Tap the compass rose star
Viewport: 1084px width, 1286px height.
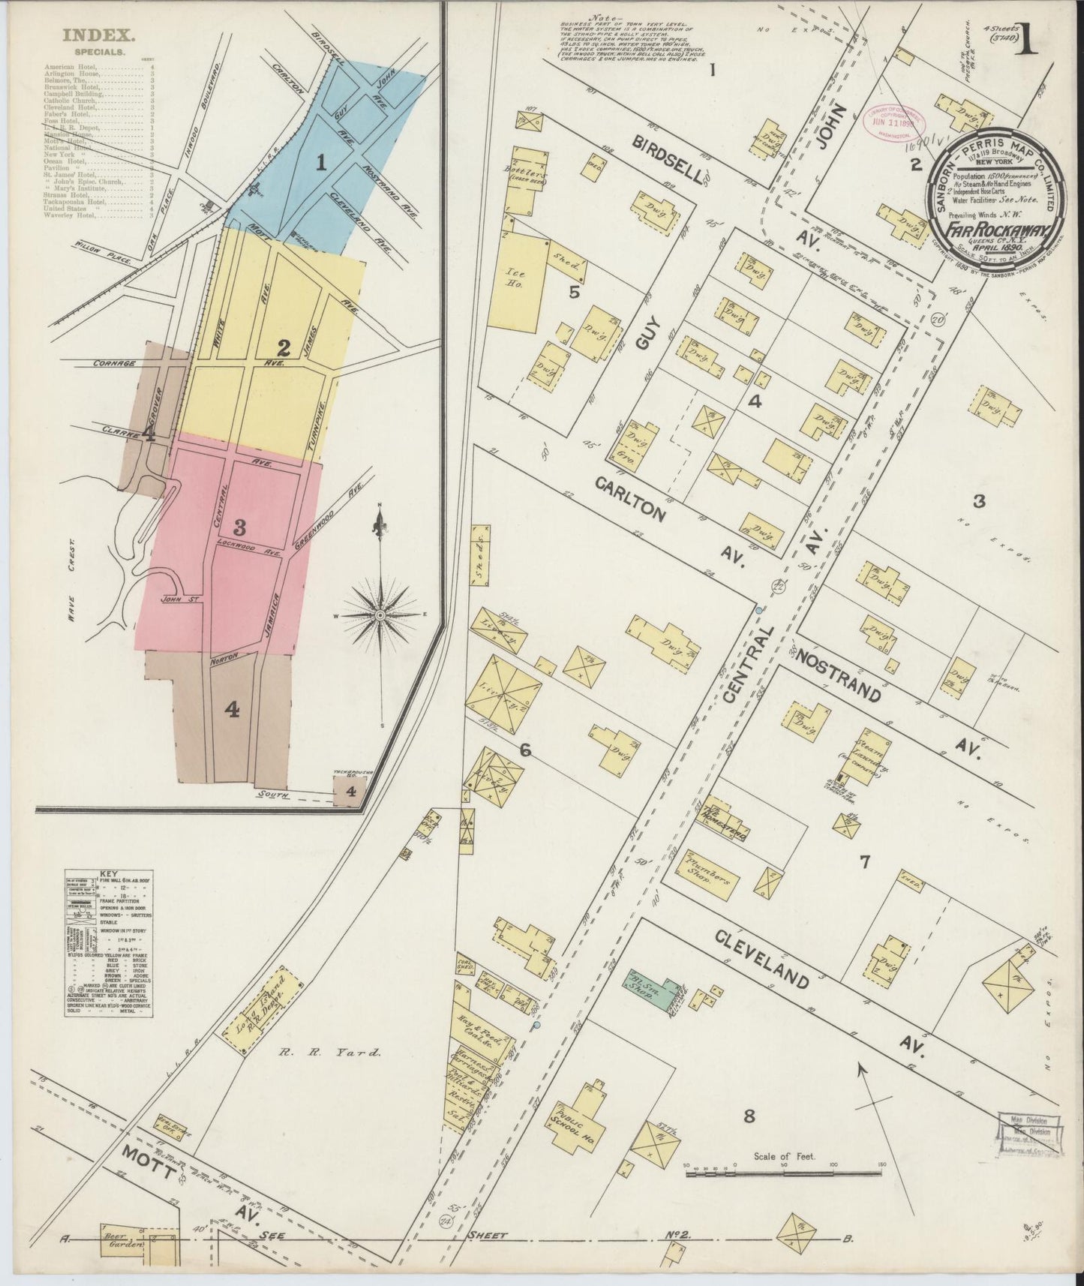click(380, 615)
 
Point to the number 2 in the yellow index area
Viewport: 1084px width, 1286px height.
click(283, 347)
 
